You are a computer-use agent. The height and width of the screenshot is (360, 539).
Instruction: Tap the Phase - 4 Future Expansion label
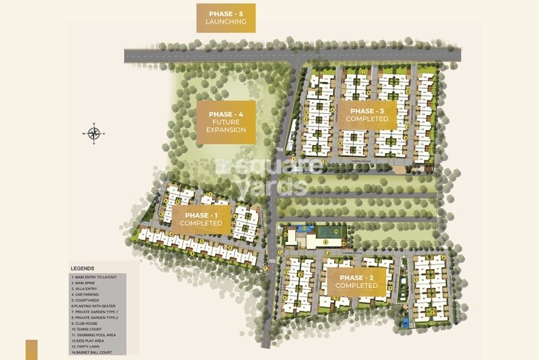[226, 121]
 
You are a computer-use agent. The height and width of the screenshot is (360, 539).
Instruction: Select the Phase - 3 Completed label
[367, 115]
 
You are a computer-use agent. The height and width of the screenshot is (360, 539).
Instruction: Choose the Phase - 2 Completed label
[358, 281]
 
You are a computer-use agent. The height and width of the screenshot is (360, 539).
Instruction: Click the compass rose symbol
[94, 133]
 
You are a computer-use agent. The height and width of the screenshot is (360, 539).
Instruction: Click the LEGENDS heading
[82, 268]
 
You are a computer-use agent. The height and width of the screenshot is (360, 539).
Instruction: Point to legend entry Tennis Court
[88, 329]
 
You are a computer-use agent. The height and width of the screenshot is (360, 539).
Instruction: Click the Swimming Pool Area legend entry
[95, 334]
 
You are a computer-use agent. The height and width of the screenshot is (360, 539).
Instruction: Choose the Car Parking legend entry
[87, 295]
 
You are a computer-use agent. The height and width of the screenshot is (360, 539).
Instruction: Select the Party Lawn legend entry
[88, 346]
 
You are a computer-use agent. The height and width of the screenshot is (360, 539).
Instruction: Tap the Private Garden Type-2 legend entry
[98, 318]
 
